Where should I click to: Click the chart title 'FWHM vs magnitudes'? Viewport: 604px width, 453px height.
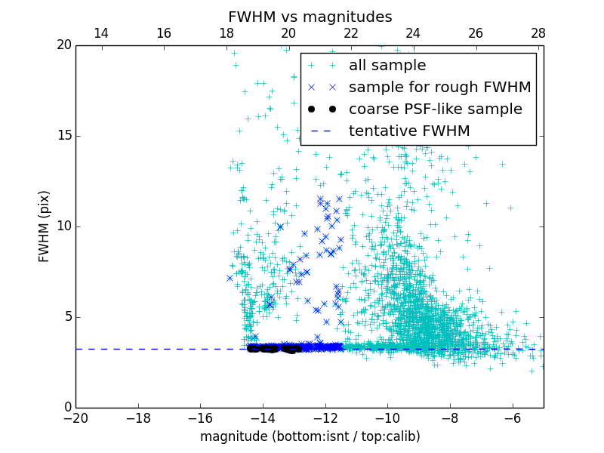[x=310, y=17]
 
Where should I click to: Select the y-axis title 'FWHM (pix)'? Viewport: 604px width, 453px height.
[x=45, y=226]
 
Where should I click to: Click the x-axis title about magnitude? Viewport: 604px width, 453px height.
[x=310, y=436]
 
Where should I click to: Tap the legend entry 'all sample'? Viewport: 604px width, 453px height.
[x=387, y=66]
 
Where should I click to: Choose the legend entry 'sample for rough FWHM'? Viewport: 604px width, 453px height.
[x=439, y=88]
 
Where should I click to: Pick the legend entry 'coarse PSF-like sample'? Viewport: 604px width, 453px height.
[x=435, y=109]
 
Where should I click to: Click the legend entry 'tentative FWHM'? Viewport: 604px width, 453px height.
[x=409, y=131]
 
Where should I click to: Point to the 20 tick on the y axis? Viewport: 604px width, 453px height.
[x=63, y=45]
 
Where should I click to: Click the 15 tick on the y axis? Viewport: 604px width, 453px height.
[x=63, y=136]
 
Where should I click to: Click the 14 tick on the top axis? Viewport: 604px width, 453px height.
[x=100, y=33]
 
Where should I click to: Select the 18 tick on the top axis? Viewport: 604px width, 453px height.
[x=226, y=33]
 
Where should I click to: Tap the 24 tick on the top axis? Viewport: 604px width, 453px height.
[x=413, y=33]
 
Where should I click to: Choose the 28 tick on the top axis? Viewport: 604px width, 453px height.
[x=538, y=33]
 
